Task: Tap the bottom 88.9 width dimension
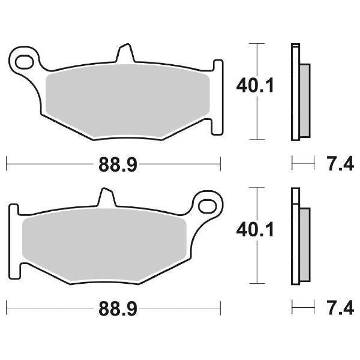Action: click(114, 309)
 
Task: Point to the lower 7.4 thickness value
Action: click(338, 309)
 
